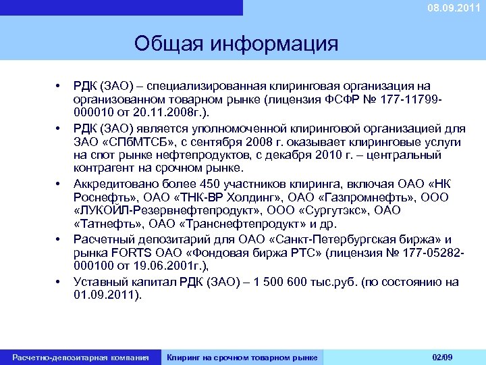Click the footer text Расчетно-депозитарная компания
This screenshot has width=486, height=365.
click(x=80, y=357)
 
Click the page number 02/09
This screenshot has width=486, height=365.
click(x=442, y=356)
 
